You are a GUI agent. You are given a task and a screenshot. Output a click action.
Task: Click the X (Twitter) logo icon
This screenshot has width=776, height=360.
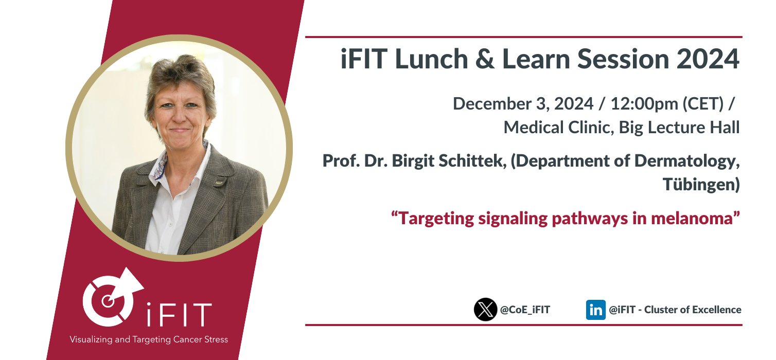click(485, 310)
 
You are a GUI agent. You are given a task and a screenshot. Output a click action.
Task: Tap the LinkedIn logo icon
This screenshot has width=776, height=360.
click(595, 310)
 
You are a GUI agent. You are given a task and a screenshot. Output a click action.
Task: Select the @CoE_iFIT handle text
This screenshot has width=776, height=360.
click(525, 310)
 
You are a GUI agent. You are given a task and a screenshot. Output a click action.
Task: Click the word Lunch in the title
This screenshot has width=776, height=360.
click(432, 59)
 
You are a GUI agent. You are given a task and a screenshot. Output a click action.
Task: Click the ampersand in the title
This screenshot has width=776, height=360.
click(485, 59)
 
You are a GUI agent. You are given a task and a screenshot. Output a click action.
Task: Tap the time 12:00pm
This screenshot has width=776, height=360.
click(644, 104)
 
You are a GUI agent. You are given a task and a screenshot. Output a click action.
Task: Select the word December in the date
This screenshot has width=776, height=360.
click(492, 103)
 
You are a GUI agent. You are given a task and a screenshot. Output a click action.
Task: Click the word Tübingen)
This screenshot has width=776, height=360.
click(701, 184)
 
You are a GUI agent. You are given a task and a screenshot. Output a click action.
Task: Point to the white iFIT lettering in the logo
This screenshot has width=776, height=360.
click(179, 315)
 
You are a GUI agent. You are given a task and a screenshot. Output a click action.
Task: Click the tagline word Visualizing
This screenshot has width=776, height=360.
click(91, 339)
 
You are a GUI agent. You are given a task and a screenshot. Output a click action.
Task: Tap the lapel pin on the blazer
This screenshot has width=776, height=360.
click(219, 182)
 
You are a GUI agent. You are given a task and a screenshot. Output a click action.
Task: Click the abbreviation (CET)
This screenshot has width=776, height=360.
click(703, 104)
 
